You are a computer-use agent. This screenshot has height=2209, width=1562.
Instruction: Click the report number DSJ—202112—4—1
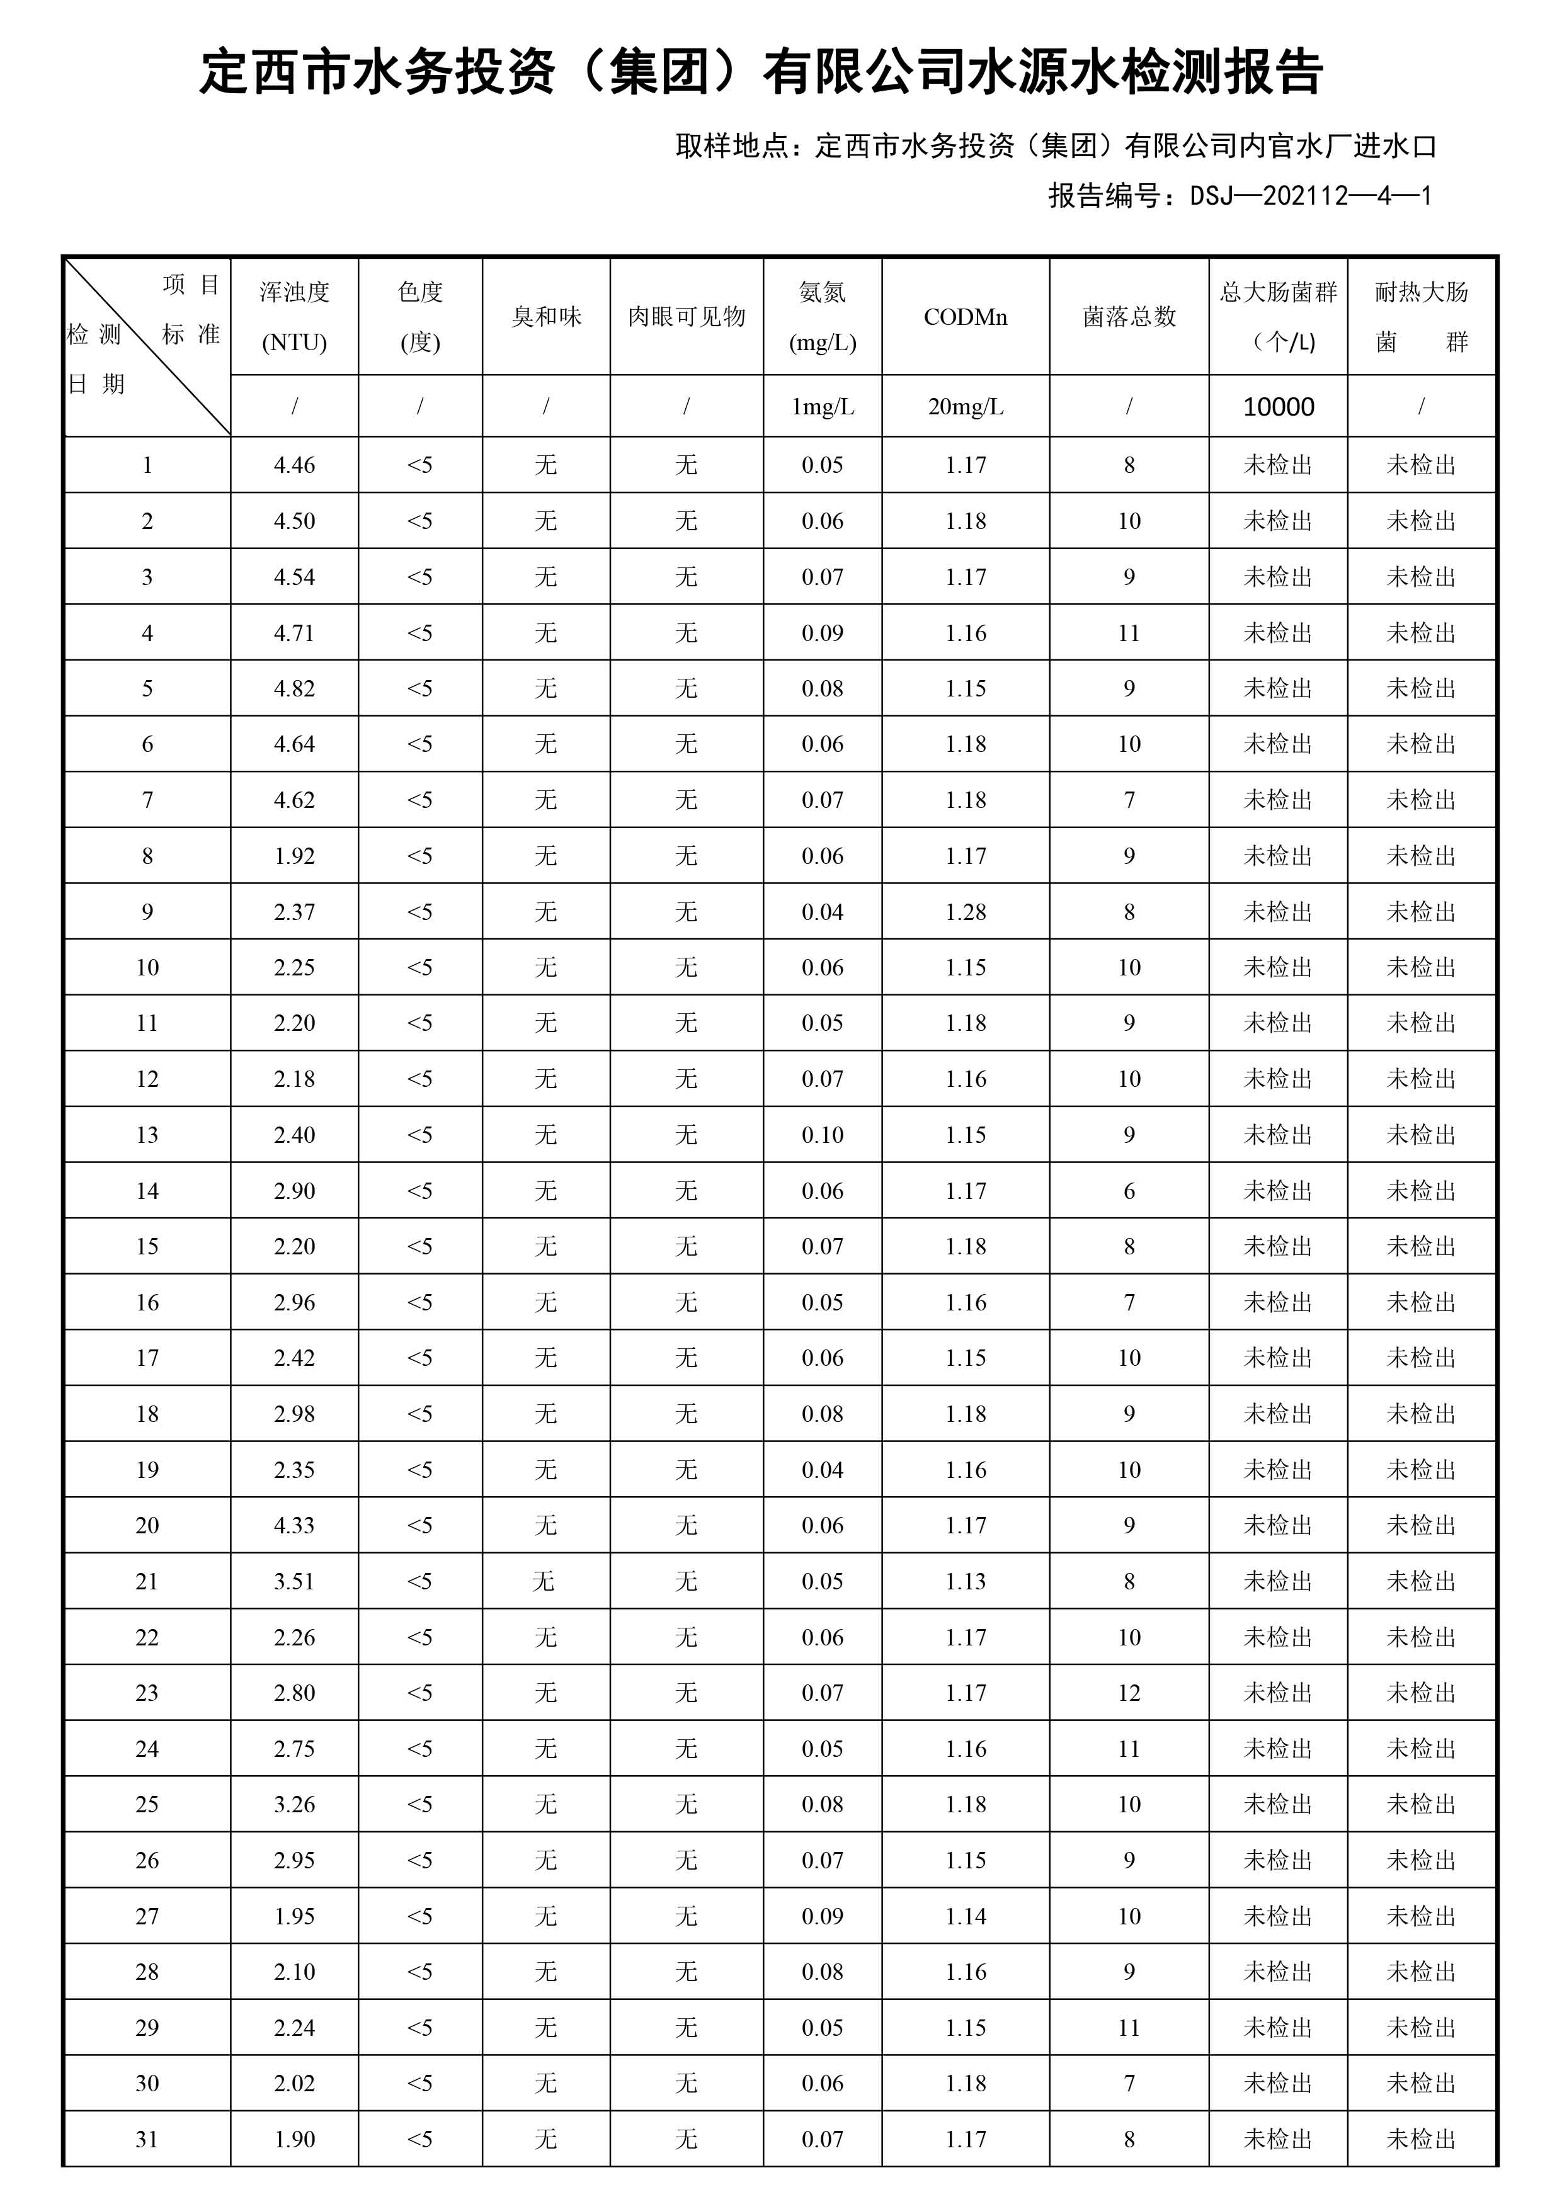click(1310, 196)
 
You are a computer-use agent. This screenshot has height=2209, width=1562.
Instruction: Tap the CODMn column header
click(966, 317)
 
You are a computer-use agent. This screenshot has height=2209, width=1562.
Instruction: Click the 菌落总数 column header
click(1129, 317)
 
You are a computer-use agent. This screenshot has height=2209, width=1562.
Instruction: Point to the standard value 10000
click(1278, 407)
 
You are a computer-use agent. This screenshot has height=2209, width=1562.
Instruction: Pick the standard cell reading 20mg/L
click(966, 407)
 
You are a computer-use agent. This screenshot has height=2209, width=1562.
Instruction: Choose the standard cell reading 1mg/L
click(822, 407)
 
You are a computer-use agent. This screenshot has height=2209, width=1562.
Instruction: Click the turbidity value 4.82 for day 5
click(295, 689)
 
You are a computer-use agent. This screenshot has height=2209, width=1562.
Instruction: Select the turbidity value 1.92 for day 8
click(295, 856)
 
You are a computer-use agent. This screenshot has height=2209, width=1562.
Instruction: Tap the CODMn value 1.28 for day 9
click(966, 912)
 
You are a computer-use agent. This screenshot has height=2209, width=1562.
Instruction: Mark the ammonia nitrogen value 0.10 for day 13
click(822, 1135)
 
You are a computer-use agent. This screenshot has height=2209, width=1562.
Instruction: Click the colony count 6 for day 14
click(1129, 1191)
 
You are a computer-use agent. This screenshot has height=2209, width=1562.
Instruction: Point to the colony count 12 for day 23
click(1129, 1693)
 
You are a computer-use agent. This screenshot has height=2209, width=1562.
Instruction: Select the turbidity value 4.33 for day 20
click(295, 1526)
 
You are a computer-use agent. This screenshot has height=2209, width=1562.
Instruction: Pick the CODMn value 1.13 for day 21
click(966, 1582)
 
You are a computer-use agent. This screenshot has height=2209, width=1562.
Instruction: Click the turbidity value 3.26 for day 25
click(295, 1805)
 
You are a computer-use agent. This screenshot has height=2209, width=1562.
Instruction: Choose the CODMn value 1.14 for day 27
click(966, 1917)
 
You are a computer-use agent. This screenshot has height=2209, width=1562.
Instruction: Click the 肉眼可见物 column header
click(686, 317)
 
